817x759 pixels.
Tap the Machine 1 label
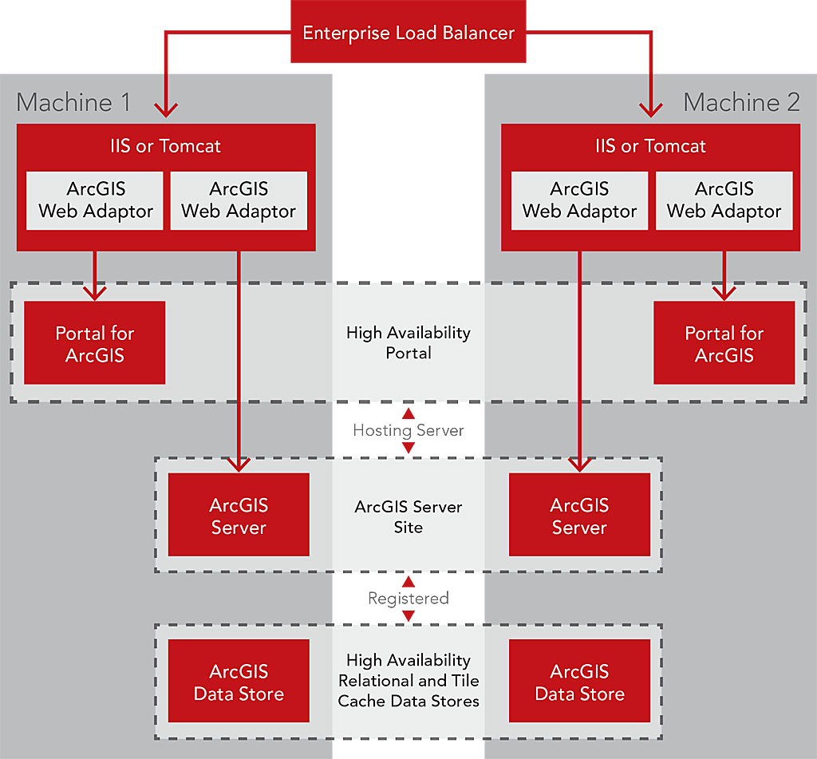pyautogui.click(x=73, y=102)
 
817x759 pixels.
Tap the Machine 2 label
pyautogui.click(x=741, y=102)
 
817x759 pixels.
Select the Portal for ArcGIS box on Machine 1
pyautogui.click(x=94, y=343)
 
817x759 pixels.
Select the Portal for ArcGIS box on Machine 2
pyautogui.click(x=724, y=343)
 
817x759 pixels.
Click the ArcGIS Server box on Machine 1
pyautogui.click(x=238, y=516)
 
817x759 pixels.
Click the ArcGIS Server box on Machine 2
pyautogui.click(x=579, y=516)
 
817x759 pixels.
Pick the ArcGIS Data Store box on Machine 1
pyautogui.click(x=238, y=682)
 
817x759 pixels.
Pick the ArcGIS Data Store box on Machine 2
pyautogui.click(x=579, y=682)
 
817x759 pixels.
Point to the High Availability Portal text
pyautogui.click(x=408, y=342)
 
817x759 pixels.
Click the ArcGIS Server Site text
pyautogui.click(x=408, y=516)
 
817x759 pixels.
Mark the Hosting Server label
pyautogui.click(x=408, y=430)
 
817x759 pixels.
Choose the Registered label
pyautogui.click(x=408, y=598)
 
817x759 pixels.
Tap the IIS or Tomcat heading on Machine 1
pyautogui.click(x=166, y=146)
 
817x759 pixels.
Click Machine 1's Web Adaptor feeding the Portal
pyautogui.click(x=95, y=200)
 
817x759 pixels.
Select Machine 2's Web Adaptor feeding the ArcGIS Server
pyautogui.click(x=579, y=200)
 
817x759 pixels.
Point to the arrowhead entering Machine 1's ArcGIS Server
pyautogui.click(x=239, y=464)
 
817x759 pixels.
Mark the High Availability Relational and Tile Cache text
pyautogui.click(x=408, y=681)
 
